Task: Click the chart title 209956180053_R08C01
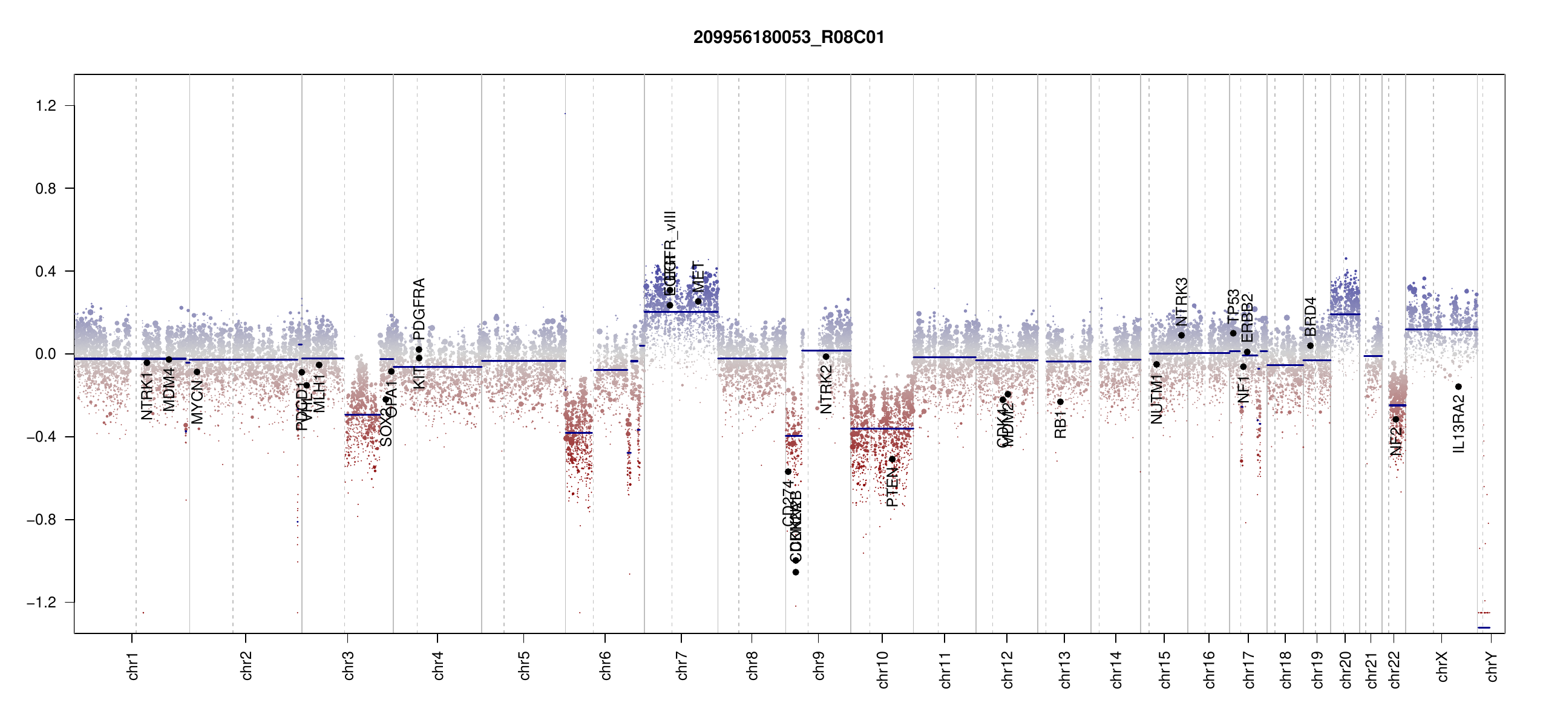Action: click(x=788, y=38)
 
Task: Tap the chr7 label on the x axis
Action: click(x=682, y=665)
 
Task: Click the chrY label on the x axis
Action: click(x=1492, y=666)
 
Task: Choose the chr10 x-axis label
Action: click(x=882, y=669)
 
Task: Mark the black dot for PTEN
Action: click(x=892, y=460)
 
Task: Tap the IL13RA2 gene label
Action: click(x=1459, y=424)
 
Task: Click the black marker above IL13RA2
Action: click(x=1458, y=387)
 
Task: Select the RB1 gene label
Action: click(x=1060, y=425)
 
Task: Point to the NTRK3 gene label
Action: click(x=1182, y=302)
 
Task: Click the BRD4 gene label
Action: click(x=1310, y=316)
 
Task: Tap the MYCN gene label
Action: click(x=197, y=402)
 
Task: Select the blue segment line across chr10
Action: click(x=882, y=429)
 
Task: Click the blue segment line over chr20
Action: click(x=1345, y=314)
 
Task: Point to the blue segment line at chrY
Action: click(x=1484, y=627)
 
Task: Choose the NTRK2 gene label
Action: click(x=826, y=390)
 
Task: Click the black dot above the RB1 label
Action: click(x=1060, y=402)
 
